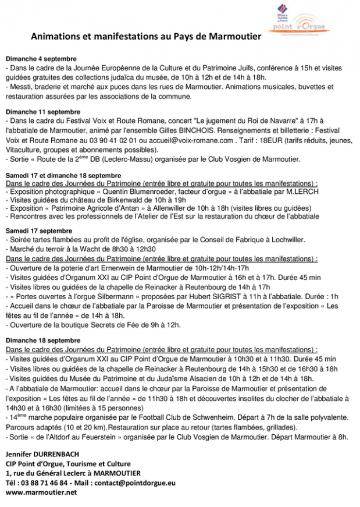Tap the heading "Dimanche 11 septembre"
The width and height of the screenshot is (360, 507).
coord(43,111)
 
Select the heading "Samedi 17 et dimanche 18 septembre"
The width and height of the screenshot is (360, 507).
coord(63,175)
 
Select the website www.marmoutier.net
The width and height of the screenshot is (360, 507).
coord(41,492)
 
